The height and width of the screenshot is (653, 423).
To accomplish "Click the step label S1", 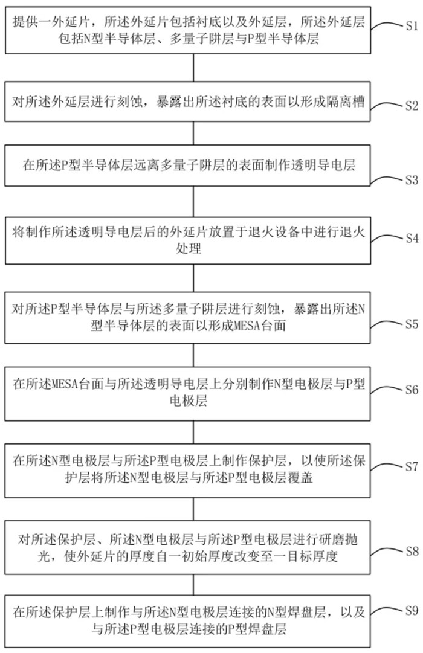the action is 412,26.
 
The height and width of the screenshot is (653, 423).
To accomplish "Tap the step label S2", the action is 412,105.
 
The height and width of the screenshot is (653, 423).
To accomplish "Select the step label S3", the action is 412,180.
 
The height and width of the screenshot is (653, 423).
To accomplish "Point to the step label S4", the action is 412,238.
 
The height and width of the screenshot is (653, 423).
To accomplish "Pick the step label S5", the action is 412,324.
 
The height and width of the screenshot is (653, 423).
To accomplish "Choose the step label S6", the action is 412,390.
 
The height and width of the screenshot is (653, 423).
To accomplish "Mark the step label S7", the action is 412,466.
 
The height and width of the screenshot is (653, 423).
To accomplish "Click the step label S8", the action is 412,552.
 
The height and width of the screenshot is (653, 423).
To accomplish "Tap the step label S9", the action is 412,611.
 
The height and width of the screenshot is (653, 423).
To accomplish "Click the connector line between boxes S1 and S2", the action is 193,68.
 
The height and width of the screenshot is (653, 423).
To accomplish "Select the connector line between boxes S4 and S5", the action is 193,278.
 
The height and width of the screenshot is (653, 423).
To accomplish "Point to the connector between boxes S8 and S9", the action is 193,585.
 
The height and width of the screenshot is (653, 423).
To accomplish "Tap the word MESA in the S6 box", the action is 64,384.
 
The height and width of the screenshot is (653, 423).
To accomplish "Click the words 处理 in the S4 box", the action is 189,249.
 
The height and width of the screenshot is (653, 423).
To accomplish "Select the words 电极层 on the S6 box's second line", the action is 189,401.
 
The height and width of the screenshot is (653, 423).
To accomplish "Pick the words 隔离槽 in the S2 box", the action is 346,101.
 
